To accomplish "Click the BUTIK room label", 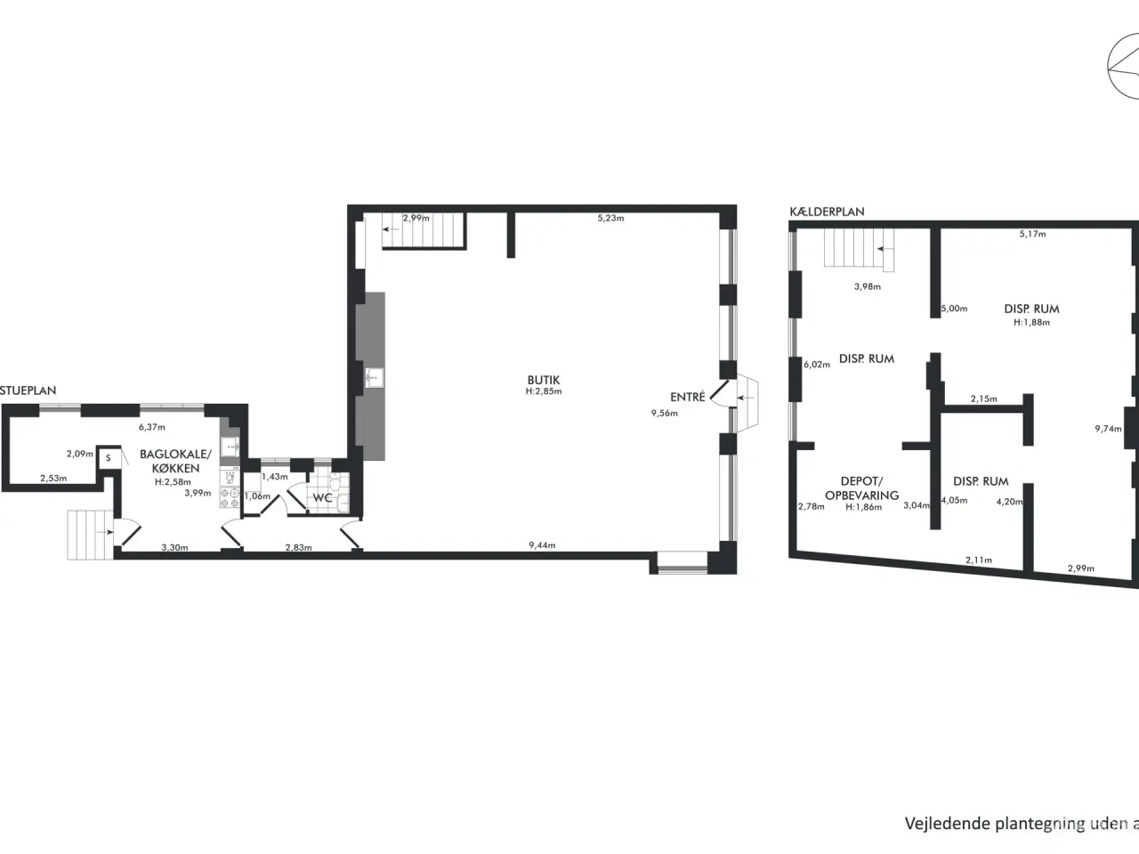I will coord(543,380).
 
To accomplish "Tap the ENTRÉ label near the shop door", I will coord(688,397).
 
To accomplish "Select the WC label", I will coord(322,498).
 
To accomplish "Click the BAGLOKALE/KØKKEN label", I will coord(169,461).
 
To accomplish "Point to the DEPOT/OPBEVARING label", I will coord(861,488).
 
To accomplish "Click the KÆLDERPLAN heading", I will coord(827,212).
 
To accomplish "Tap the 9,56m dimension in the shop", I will coord(664,413).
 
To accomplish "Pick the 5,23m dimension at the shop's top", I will coord(610,218).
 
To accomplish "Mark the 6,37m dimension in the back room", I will coord(151,427).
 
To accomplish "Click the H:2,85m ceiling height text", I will coord(543,391).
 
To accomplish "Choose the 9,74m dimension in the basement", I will coord(1107,429).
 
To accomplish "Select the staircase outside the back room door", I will coord(90,534).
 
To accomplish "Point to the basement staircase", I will coord(857,249).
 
